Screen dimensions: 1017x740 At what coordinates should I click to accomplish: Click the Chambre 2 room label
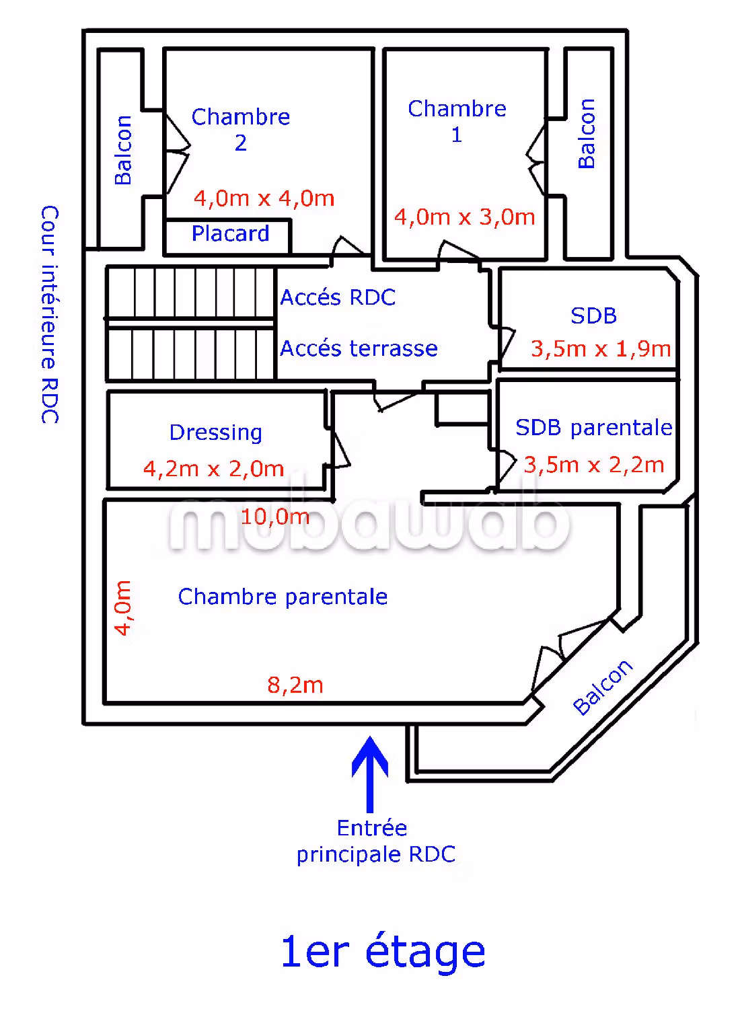[x=241, y=129]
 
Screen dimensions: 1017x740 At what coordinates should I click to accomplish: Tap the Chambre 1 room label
[x=457, y=121]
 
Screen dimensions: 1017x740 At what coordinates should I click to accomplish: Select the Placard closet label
[x=230, y=233]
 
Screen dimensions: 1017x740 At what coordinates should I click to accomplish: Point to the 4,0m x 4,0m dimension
[x=264, y=198]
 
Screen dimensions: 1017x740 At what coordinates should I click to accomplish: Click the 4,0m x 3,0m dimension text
[x=464, y=217]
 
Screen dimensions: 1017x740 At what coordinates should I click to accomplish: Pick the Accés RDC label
[x=338, y=297]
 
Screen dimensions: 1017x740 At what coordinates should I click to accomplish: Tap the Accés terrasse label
[x=359, y=348]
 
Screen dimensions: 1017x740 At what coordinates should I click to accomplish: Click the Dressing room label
[x=215, y=432]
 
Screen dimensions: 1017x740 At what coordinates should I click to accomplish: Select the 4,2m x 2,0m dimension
[x=213, y=468]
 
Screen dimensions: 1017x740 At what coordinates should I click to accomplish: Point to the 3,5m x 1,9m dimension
[x=601, y=348]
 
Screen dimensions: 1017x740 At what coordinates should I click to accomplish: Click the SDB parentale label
[x=593, y=428]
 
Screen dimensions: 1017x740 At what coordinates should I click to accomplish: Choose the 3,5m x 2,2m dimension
[x=594, y=465]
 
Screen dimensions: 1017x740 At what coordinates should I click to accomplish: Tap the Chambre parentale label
[x=283, y=597]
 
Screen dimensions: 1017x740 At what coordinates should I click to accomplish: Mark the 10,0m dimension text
[x=275, y=517]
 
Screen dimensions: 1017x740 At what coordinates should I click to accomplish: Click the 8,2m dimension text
[x=295, y=685]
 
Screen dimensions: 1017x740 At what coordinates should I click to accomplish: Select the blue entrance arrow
[x=370, y=774]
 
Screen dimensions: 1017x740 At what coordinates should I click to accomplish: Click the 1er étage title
[x=383, y=951]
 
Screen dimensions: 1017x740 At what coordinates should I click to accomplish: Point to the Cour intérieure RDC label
[x=50, y=314]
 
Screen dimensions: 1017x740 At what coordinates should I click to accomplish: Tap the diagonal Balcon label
[x=603, y=687]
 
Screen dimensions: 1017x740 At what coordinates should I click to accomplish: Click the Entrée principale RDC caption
[x=375, y=841]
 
